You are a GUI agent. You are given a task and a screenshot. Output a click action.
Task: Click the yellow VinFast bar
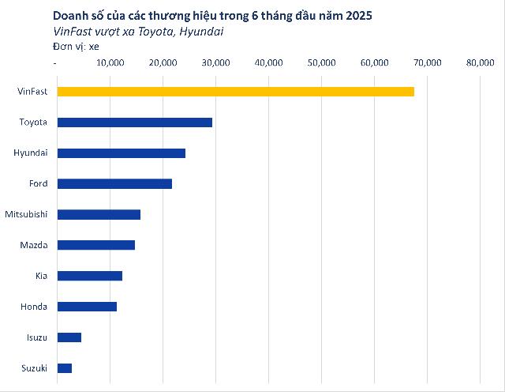click(x=235, y=92)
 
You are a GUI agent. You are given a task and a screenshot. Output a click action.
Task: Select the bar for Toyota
click(x=134, y=122)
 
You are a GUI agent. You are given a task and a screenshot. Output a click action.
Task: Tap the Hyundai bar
click(x=121, y=153)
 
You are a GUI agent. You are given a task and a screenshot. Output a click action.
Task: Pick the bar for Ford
click(x=114, y=183)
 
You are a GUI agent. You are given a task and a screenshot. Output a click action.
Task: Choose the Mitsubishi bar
click(x=99, y=214)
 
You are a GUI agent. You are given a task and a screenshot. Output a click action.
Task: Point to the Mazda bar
click(x=95, y=245)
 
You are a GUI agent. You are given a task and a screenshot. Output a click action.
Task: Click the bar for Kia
click(x=89, y=276)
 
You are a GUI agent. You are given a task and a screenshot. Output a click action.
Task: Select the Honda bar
click(x=87, y=307)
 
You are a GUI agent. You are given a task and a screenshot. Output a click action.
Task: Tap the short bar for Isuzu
click(x=69, y=337)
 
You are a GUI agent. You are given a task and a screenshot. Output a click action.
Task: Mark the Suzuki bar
click(x=64, y=368)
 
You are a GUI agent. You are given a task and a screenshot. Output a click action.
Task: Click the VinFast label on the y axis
click(x=32, y=92)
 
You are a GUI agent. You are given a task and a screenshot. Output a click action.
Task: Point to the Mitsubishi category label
click(x=26, y=214)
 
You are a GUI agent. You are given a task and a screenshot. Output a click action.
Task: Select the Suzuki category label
click(x=34, y=368)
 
